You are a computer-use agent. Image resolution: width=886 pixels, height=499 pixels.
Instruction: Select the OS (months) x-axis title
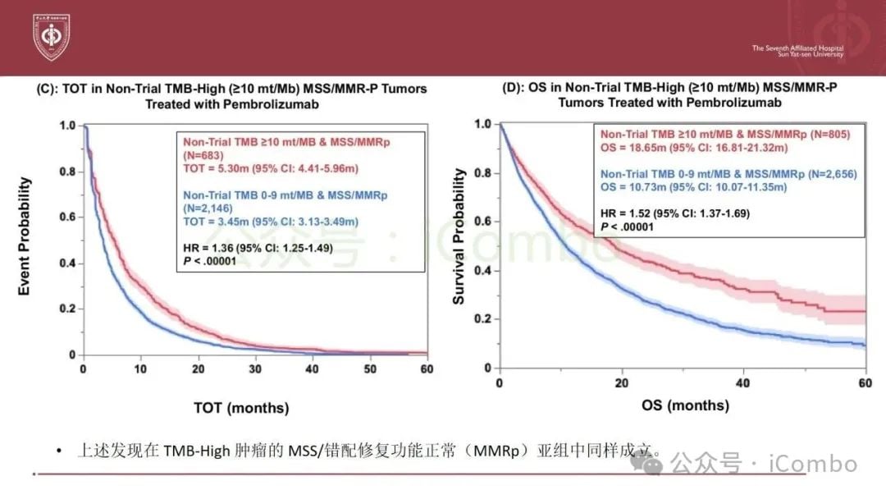pos(686,405)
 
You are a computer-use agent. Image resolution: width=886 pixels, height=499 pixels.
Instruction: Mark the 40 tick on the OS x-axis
pos(745,383)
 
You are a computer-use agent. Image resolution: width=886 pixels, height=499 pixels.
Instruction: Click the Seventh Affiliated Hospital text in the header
pos(797,48)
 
